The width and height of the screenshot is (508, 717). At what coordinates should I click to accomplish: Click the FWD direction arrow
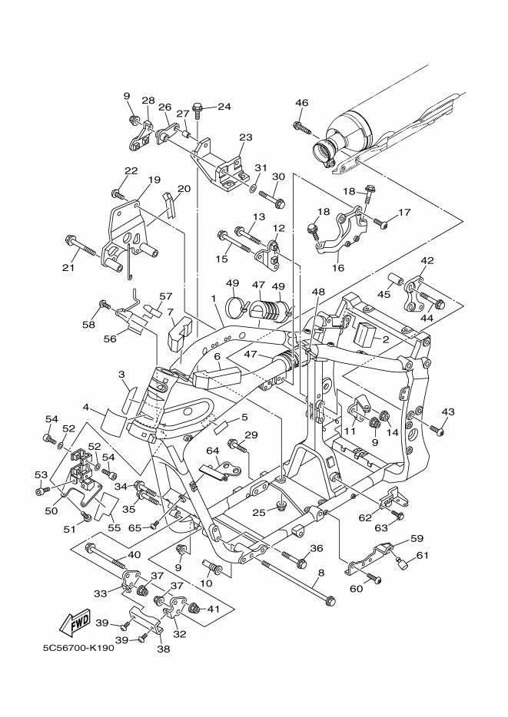point(75,623)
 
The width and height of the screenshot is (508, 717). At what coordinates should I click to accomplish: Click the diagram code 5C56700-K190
point(78,648)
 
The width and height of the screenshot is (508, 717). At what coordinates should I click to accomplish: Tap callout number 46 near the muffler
point(301,103)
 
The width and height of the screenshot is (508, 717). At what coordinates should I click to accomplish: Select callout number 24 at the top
point(224,107)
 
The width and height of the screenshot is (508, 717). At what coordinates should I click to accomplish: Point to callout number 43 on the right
point(448,411)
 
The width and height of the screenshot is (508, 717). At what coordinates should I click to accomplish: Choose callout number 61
point(423,556)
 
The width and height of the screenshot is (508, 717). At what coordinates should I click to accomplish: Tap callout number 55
point(114,527)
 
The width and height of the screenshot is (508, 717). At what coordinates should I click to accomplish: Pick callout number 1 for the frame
point(214,298)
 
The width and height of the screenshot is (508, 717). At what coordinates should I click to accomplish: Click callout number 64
point(213,451)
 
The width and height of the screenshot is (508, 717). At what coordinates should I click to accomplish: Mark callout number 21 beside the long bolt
point(68,267)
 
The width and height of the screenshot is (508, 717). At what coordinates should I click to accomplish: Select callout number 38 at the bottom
point(164,649)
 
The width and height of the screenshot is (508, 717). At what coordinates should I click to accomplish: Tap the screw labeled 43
point(437,430)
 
